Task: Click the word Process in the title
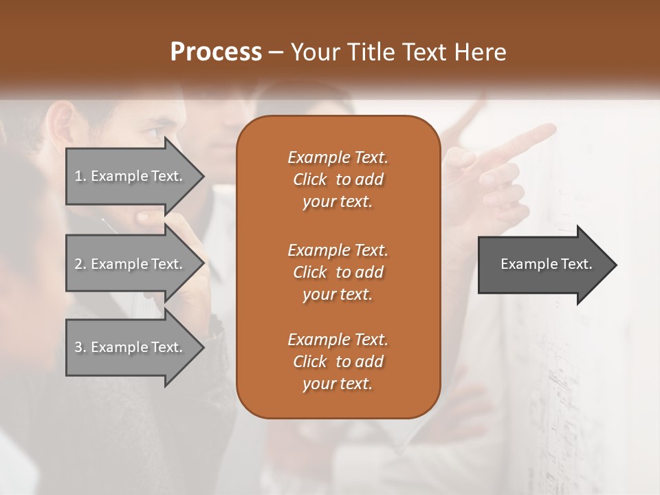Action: pos(216,52)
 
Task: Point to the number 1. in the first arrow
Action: pos(80,176)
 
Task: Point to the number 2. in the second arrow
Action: pos(80,264)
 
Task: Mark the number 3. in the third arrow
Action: pos(80,347)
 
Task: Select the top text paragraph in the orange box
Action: pos(338,179)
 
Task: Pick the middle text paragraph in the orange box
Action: pos(338,272)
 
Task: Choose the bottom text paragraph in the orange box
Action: pos(338,362)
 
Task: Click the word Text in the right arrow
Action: pos(576,264)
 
